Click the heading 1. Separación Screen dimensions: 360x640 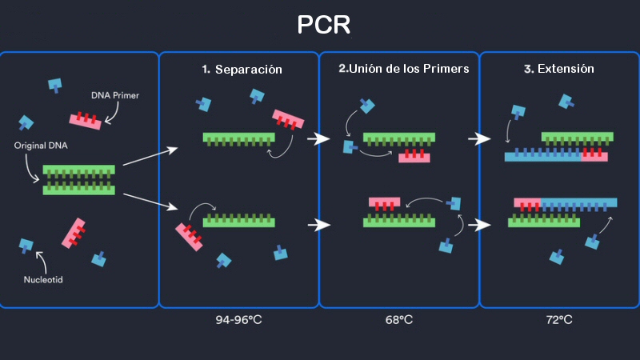(x=242, y=70)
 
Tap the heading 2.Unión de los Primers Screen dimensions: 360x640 (x=403, y=69)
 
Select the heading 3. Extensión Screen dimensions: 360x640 (x=559, y=69)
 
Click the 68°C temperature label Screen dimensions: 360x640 (x=399, y=320)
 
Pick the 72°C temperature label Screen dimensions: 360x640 (x=559, y=320)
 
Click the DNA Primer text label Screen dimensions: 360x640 (x=116, y=96)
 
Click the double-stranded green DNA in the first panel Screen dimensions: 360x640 (x=78, y=180)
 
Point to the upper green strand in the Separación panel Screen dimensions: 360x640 (x=238, y=138)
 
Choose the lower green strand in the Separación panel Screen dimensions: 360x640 (x=239, y=220)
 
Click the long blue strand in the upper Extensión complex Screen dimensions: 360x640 (x=543, y=156)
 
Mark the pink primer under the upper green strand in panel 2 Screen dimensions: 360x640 (x=414, y=155)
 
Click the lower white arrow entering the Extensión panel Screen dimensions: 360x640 (x=478, y=225)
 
